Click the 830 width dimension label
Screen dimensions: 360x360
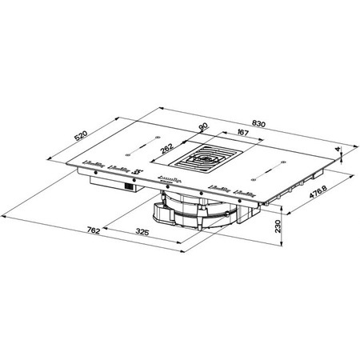click(x=258, y=124)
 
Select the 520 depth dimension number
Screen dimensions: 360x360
click(x=80, y=137)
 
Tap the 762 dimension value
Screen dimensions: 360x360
click(x=92, y=231)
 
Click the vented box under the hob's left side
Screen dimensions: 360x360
click(x=113, y=186)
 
